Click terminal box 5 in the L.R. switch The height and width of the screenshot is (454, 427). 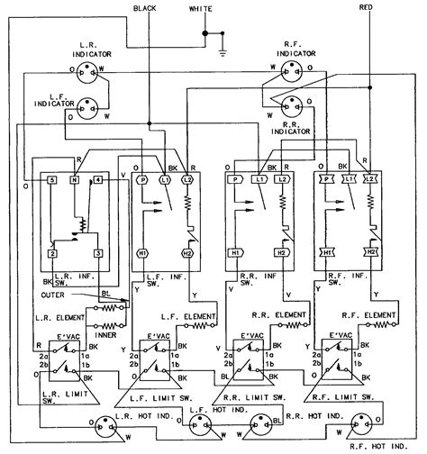(53, 180)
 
